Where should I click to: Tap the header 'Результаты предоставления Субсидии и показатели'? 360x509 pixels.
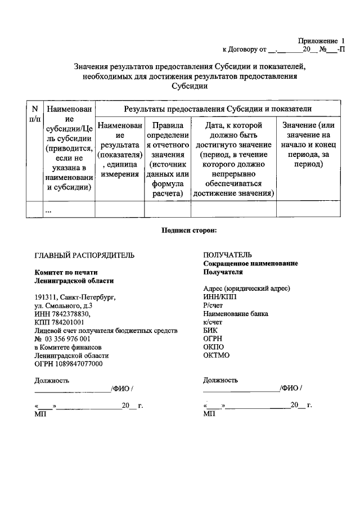[x=218, y=109]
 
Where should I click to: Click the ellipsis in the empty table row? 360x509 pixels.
[x=48, y=210]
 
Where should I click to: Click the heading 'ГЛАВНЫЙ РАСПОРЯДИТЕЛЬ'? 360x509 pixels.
[x=84, y=255]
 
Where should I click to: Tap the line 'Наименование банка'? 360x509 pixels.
[x=236, y=314]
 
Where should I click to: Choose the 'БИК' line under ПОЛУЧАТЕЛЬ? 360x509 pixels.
[x=210, y=331]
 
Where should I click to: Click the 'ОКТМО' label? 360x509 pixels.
[x=217, y=355]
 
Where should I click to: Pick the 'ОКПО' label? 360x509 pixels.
[x=214, y=347]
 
